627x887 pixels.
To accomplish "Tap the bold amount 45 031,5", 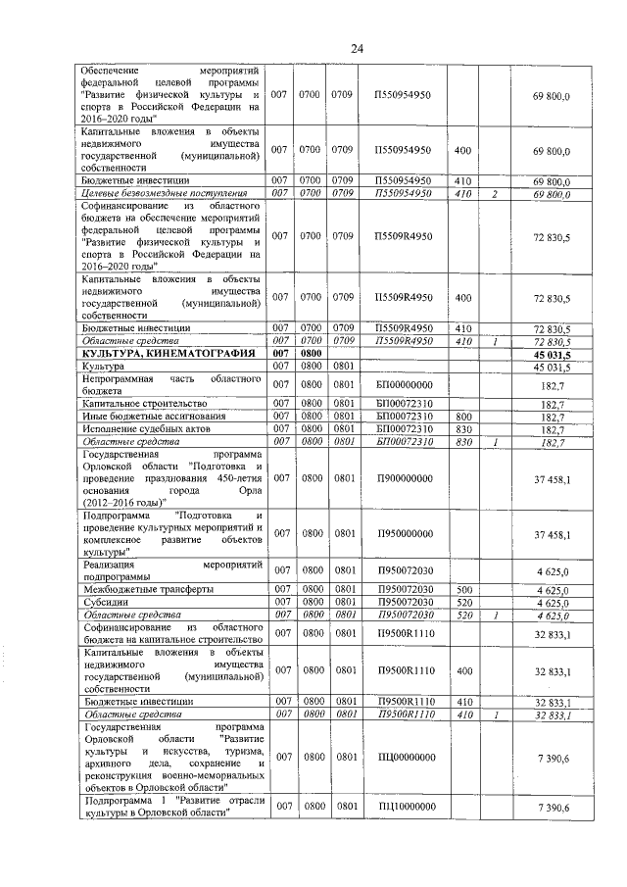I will pyautogui.click(x=551, y=353).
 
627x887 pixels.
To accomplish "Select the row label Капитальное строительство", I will pyautogui.click(x=145, y=403).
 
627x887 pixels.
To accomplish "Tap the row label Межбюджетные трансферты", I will pyautogui.click(x=145, y=589).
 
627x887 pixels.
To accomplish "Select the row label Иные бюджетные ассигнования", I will pyautogui.click(x=153, y=416).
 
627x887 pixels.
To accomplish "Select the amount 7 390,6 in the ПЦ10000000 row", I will pyautogui.click(x=554, y=806).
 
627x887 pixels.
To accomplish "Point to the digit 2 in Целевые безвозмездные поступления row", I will pyautogui.click(x=496, y=194).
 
